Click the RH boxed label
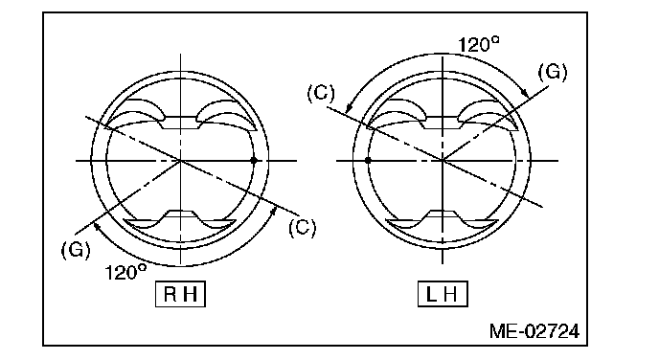[180, 294]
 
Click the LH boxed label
[443, 294]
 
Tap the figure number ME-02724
[534, 331]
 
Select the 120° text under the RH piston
[125, 272]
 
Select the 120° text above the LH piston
[479, 44]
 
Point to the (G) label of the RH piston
[76, 250]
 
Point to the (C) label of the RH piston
[302, 228]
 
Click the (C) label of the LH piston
[321, 93]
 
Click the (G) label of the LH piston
[553, 72]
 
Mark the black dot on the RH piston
[254, 161]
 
